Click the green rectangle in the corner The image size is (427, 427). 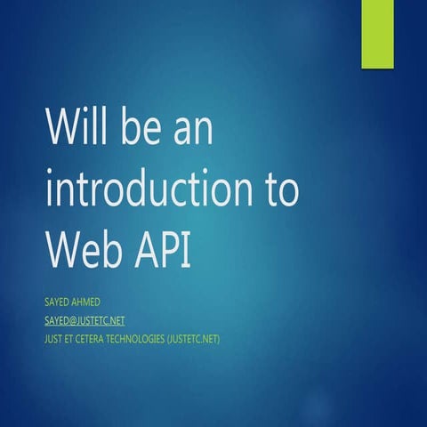pyautogui.click(x=376, y=34)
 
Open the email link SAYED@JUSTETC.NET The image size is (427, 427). pyautogui.click(x=84, y=320)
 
